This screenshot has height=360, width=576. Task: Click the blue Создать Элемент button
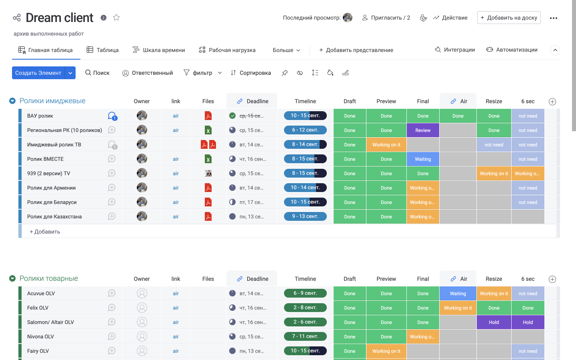(38, 73)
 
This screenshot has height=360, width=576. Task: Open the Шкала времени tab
(159, 50)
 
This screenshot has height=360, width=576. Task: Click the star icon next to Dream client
(116, 18)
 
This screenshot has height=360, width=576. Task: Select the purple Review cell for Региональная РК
(423, 130)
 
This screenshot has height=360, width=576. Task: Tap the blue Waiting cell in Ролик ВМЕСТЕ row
(423, 159)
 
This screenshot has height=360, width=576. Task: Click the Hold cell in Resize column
(494, 322)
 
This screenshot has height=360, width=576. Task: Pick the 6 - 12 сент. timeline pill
(305, 130)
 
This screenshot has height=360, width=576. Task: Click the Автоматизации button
(512, 50)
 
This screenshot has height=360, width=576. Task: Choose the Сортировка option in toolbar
(251, 73)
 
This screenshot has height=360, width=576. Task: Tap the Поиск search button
(97, 73)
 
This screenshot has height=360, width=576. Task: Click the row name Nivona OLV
(40, 337)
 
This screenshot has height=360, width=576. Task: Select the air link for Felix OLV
(176, 308)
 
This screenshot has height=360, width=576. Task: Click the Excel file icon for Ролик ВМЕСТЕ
(208, 159)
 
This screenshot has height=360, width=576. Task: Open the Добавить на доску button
(508, 18)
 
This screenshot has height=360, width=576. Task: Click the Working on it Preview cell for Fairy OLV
(386, 351)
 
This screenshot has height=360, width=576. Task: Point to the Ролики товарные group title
(49, 278)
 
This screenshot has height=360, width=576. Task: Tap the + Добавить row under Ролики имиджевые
(45, 232)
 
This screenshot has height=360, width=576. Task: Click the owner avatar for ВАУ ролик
(142, 116)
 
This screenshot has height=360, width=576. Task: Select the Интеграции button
(455, 50)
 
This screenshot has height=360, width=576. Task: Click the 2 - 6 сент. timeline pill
(305, 322)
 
